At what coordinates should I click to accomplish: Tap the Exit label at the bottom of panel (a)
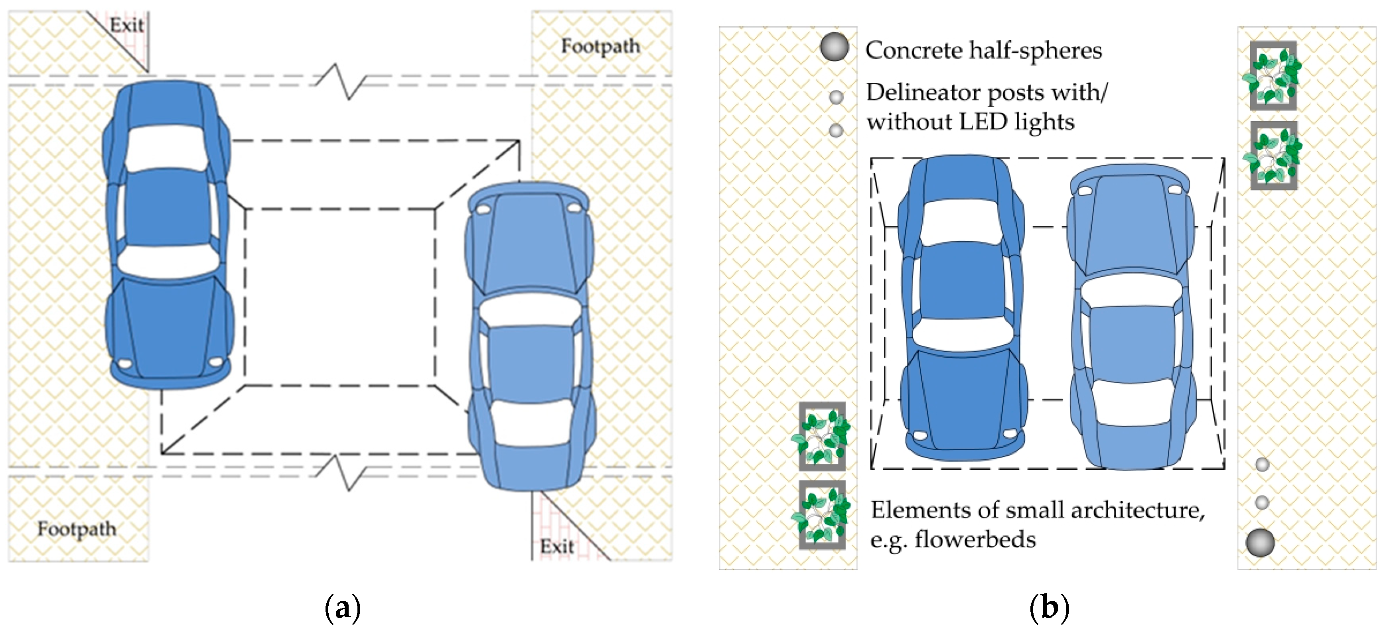(557, 546)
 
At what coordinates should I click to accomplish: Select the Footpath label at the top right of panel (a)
(600, 46)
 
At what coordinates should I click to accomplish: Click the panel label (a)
(342, 608)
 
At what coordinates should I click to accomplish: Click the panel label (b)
(1049, 608)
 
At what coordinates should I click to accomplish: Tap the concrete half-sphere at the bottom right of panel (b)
(1261, 542)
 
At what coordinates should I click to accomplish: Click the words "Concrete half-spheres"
(983, 51)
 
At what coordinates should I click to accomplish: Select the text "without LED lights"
(970, 122)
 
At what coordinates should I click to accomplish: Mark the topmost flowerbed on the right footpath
(1273, 76)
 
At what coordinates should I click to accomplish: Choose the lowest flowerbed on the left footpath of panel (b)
(822, 515)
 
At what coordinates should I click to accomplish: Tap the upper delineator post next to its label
(836, 97)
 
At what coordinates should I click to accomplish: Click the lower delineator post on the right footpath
(1262, 503)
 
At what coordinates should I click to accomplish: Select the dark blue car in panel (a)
(168, 234)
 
